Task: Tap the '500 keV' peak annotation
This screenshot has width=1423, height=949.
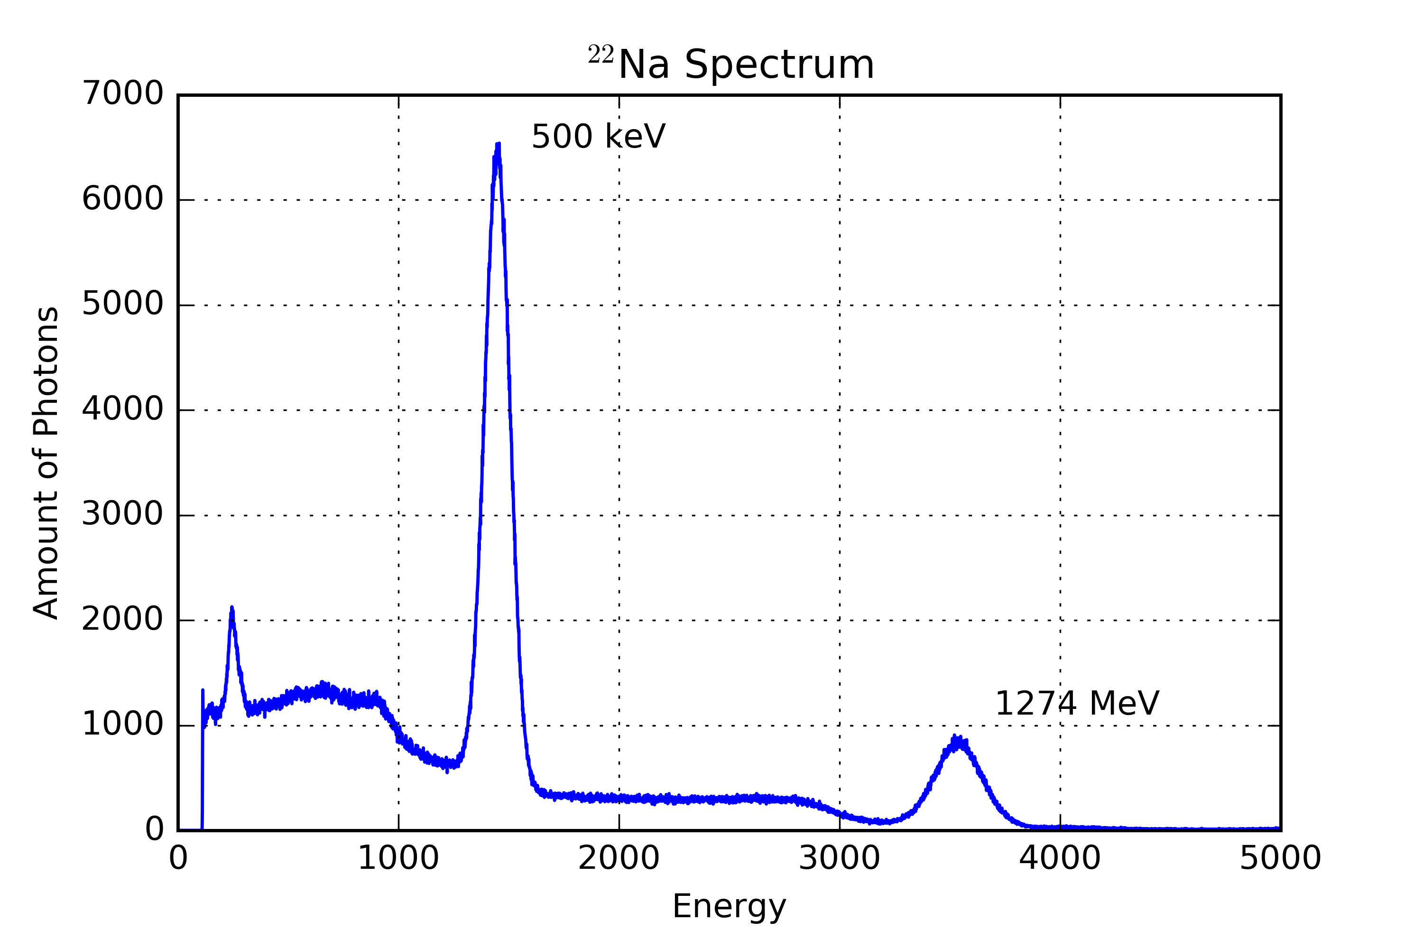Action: point(598,136)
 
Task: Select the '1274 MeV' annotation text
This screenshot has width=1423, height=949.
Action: point(1076,703)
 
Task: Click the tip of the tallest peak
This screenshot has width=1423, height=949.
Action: point(498,145)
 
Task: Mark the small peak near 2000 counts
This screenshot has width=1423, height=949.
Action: point(232,609)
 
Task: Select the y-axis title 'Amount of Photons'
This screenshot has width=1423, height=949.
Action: point(46,463)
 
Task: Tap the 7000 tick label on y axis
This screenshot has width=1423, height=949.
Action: point(122,94)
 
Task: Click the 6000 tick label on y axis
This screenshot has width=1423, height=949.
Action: point(122,199)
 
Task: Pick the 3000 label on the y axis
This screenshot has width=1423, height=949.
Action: point(122,514)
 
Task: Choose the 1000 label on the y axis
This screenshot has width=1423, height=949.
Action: point(122,725)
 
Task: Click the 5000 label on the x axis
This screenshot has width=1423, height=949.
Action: point(1280,858)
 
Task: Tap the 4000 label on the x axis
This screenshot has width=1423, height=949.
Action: point(1059,858)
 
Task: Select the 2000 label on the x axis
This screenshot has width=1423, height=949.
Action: point(619,858)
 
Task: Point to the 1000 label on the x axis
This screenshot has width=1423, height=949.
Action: point(398,858)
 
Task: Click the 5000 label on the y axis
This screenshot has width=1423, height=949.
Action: point(122,305)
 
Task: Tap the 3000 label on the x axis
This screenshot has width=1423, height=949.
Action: point(839,858)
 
